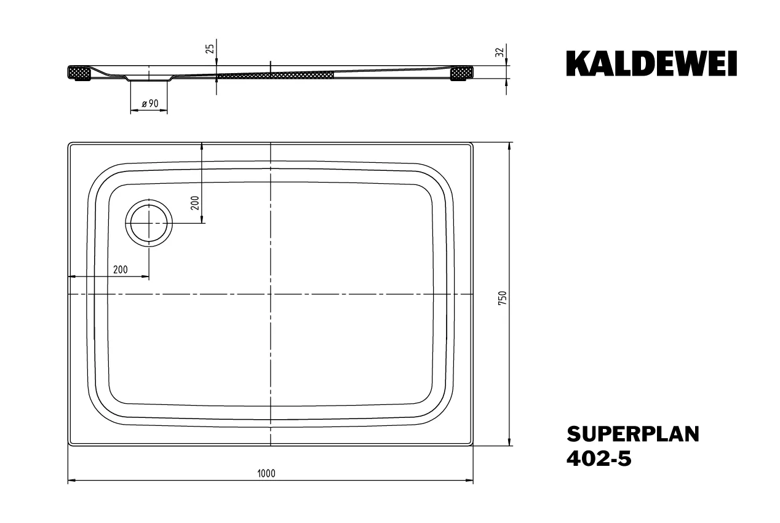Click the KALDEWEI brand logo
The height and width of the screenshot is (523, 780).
[651, 64]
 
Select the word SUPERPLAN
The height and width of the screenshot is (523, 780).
[632, 434]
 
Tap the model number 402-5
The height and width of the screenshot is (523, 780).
[598, 459]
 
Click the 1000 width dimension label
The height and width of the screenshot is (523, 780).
[266, 473]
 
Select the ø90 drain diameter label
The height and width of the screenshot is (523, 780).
[150, 104]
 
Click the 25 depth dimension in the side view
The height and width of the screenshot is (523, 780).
[210, 49]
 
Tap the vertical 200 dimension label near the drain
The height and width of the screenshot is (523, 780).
[194, 203]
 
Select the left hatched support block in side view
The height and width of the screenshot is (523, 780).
[79, 74]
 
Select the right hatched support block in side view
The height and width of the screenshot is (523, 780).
[461, 74]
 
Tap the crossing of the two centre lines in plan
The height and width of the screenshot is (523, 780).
[271, 294]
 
